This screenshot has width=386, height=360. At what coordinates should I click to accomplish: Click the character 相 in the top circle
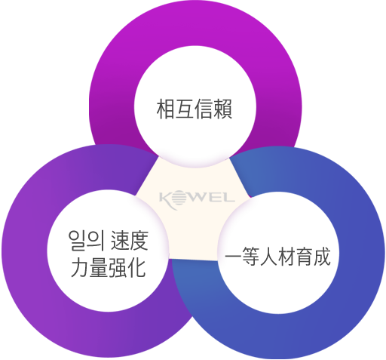tap(166, 109)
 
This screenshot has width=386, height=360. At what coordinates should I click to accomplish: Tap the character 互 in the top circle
tap(185, 109)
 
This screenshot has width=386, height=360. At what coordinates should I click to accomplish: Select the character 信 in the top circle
tap(204, 109)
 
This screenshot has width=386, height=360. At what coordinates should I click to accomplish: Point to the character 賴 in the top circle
tap(222, 109)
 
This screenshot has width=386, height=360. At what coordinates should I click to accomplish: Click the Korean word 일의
tap(87, 241)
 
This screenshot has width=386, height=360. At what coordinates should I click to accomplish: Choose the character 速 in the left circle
tap(120, 241)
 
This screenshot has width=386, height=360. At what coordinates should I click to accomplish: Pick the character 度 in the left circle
tap(139, 241)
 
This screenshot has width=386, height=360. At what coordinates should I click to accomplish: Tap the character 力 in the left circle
tap(81, 268)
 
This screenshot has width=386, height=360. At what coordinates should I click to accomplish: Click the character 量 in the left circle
tap(100, 268)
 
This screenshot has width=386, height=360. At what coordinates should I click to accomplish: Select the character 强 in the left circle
tap(118, 268)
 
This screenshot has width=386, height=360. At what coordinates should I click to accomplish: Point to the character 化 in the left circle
tap(137, 268)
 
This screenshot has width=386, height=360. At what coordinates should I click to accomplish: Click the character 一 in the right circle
tap(234, 257)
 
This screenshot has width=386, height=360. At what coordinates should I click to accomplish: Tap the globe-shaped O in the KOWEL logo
tap(180, 198)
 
